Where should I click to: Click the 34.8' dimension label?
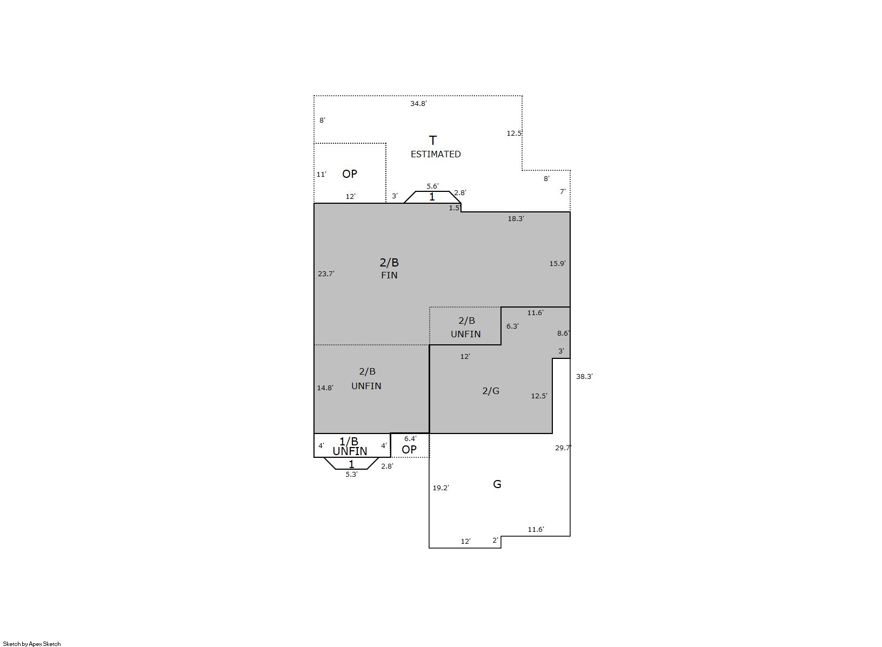(x=418, y=104)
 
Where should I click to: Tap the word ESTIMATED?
(x=436, y=154)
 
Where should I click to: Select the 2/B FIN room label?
(x=389, y=268)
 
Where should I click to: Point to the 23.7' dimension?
(x=326, y=274)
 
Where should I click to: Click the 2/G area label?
(x=491, y=391)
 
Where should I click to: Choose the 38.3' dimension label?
(x=584, y=376)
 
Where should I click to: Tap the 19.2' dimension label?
(x=440, y=488)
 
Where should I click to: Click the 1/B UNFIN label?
(x=350, y=446)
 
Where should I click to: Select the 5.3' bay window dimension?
(x=351, y=475)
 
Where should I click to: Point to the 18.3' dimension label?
(x=516, y=218)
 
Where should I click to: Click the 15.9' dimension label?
(x=558, y=263)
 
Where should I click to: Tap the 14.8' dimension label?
(x=325, y=388)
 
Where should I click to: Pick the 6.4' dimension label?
(x=410, y=439)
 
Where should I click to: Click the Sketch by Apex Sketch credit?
(x=32, y=644)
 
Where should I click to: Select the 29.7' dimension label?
(x=563, y=448)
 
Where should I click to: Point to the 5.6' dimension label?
(x=432, y=186)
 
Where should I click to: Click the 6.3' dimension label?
(x=512, y=326)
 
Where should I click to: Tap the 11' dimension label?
(x=322, y=174)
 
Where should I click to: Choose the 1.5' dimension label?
(x=455, y=208)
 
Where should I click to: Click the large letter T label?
(x=433, y=140)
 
